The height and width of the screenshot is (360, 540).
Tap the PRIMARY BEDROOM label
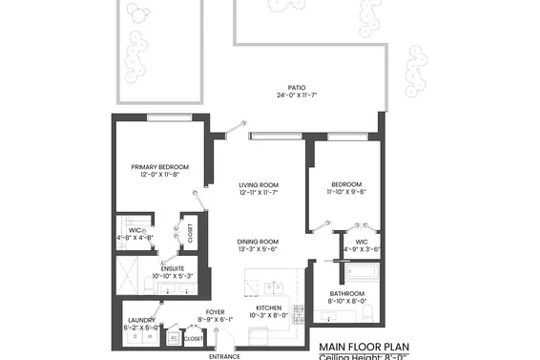159,167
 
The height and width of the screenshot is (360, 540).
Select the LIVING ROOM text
258,184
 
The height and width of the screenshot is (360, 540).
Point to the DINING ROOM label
258,242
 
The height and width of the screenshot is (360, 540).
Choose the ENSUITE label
173,268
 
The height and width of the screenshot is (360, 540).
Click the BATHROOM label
346,293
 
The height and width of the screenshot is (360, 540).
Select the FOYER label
215,311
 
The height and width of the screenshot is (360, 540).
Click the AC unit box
174,338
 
